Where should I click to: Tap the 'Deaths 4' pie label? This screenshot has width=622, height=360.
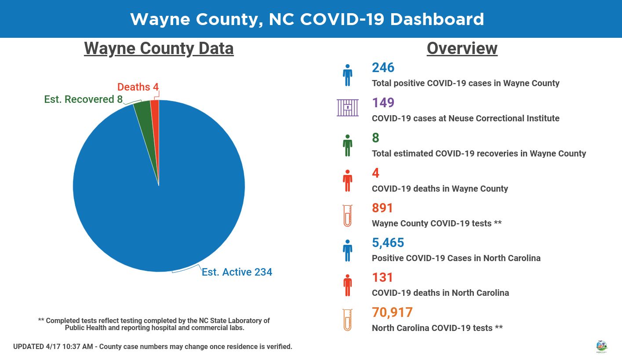(x=138, y=87)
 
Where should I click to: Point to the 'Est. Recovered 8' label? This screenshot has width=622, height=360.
(x=84, y=99)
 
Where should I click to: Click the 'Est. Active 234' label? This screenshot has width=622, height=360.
(x=237, y=272)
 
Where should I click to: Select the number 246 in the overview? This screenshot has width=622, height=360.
(x=383, y=67)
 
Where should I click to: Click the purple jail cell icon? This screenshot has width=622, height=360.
(x=348, y=107)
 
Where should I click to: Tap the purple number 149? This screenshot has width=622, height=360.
(x=383, y=103)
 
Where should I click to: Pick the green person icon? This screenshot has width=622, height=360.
(x=347, y=145)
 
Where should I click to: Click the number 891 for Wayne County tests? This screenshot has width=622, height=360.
(x=382, y=208)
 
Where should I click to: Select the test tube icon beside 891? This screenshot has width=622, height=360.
(x=347, y=216)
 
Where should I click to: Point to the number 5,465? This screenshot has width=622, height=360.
(x=388, y=243)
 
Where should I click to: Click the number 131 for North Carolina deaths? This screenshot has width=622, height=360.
(x=382, y=277)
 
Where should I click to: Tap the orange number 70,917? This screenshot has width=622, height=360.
(x=392, y=312)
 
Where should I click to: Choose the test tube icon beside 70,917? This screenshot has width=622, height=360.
(x=347, y=320)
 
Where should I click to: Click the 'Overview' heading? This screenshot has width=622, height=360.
(x=462, y=49)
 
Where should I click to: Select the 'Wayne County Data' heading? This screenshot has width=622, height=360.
(x=159, y=49)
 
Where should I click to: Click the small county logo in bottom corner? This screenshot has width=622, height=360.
(x=601, y=347)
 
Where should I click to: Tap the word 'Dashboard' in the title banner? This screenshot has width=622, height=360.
(x=437, y=19)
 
